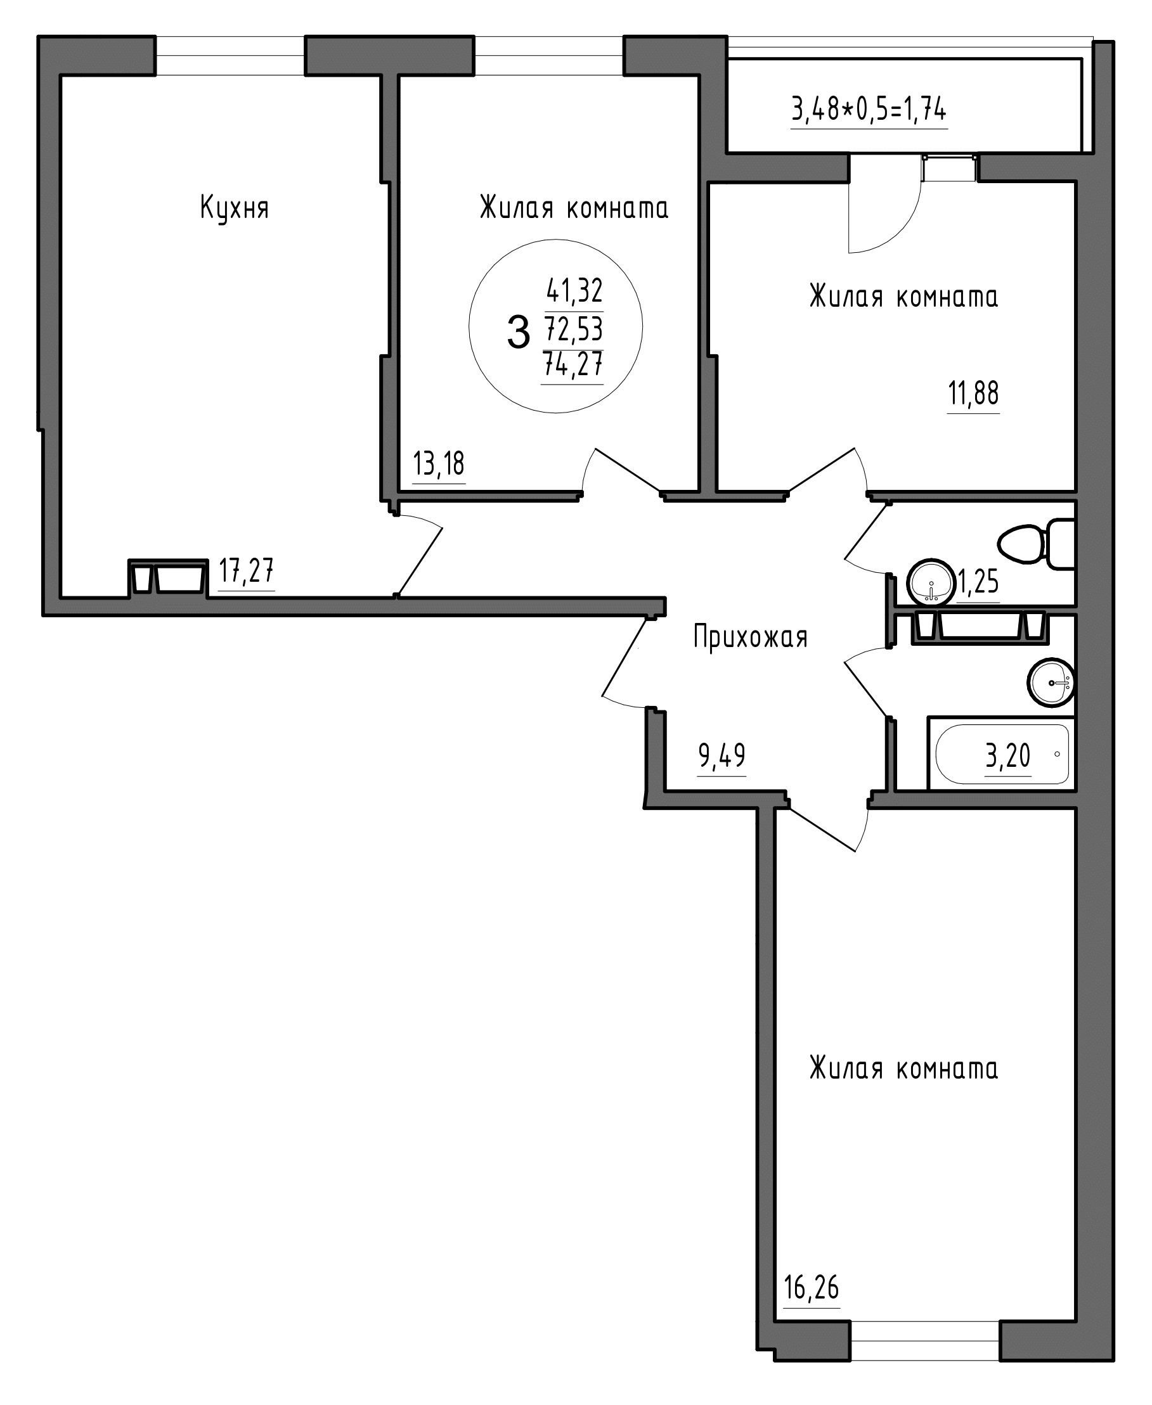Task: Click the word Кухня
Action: pos(234,209)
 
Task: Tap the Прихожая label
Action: pos(751,637)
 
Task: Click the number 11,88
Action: pos(973,394)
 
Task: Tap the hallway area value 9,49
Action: pos(722,755)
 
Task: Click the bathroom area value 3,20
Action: pos(1008,755)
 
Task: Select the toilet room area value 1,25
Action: pos(978,582)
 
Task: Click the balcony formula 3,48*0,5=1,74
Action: pos(869,109)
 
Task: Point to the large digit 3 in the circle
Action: pos(518,332)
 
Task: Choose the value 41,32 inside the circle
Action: pos(574,290)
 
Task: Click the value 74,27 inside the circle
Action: pos(573,364)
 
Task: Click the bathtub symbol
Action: pos(1000,754)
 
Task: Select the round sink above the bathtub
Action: pos(1051,683)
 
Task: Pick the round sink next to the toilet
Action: pos(931,582)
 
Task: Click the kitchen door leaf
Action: pos(418,561)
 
